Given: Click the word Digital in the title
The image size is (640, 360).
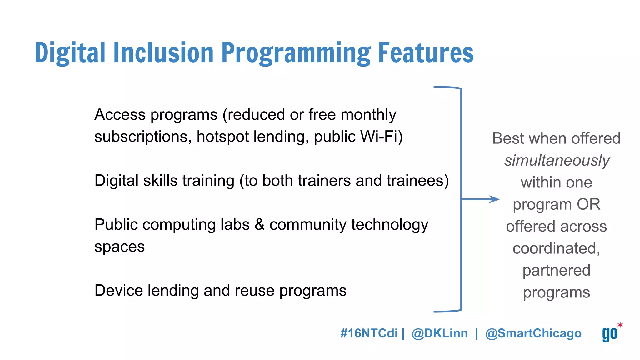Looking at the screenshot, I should (x=70, y=53).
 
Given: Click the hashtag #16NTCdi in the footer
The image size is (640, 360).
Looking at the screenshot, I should (x=369, y=333).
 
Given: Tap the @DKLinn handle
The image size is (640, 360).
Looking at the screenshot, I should (x=440, y=333).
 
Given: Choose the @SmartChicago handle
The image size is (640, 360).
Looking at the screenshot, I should (x=533, y=333).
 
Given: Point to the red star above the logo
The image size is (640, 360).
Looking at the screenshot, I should (x=620, y=325).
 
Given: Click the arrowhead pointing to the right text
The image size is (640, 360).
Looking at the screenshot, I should (x=495, y=199).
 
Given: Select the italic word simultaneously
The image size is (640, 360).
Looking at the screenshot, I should (x=557, y=161).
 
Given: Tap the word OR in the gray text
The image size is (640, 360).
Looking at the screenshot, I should (x=588, y=204).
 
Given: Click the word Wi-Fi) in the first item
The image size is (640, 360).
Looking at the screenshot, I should (x=382, y=137).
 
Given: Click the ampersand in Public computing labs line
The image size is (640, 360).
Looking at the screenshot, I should (x=259, y=225).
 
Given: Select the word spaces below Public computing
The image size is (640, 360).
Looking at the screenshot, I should (x=119, y=247).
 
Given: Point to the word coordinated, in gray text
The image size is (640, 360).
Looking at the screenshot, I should (x=557, y=248).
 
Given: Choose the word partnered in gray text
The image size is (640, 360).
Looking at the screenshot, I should (x=557, y=271).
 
